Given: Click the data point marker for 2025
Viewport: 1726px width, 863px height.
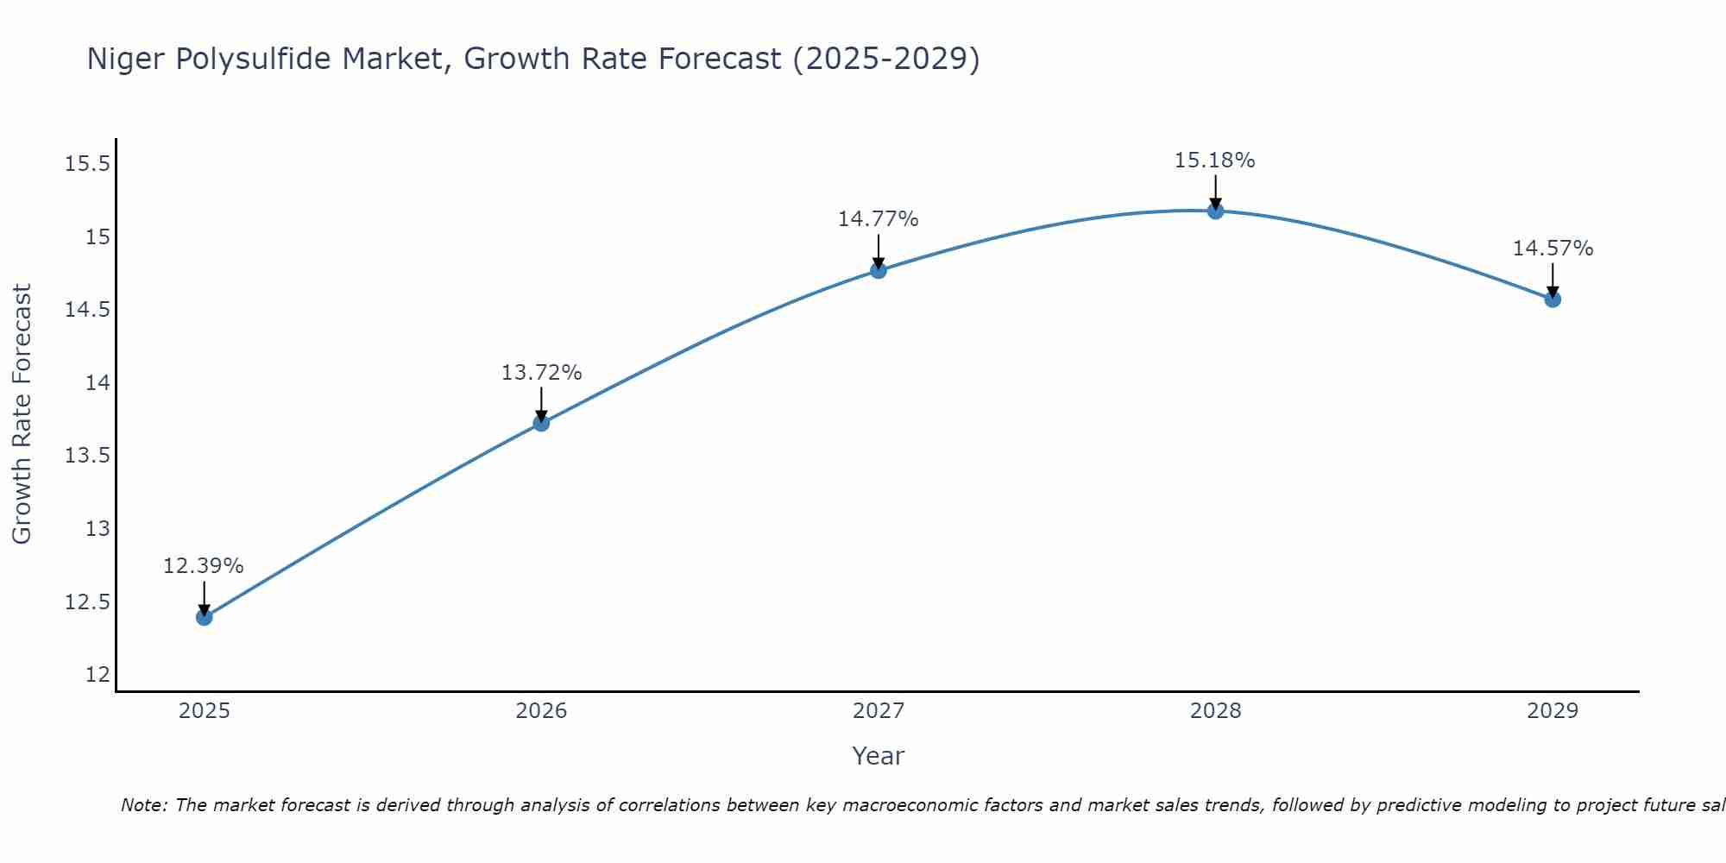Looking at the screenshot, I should click(x=205, y=617).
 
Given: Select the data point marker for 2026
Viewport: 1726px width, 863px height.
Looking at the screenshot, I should click(x=541, y=423).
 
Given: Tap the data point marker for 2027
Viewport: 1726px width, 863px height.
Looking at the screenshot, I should click(x=879, y=270).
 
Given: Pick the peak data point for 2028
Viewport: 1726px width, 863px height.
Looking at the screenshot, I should click(x=1215, y=211).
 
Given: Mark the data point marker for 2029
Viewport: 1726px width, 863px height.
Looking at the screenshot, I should click(x=1553, y=299).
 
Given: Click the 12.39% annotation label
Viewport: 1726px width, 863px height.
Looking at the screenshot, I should click(x=204, y=566).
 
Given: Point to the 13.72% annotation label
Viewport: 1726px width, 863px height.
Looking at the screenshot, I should click(x=541, y=373).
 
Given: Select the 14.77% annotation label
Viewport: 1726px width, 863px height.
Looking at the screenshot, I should click(x=878, y=219).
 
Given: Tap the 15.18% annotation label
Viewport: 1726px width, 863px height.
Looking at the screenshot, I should click(x=1214, y=161).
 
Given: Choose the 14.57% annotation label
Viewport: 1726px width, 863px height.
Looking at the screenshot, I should click(x=1553, y=249).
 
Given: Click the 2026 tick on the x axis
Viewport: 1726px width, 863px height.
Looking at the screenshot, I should click(x=541, y=711).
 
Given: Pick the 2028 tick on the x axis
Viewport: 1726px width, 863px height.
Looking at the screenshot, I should click(x=1215, y=711).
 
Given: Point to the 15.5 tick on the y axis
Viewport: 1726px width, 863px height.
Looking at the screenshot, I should click(x=88, y=164).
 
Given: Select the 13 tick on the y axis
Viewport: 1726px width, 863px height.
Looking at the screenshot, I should click(x=98, y=529).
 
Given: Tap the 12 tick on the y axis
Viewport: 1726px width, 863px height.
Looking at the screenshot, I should click(x=98, y=675).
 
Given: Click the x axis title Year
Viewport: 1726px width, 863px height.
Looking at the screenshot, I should click(x=878, y=756).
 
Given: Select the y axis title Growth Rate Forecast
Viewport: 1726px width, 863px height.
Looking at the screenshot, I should click(x=22, y=413).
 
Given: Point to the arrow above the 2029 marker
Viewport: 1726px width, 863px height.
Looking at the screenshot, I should click(x=1553, y=280).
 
